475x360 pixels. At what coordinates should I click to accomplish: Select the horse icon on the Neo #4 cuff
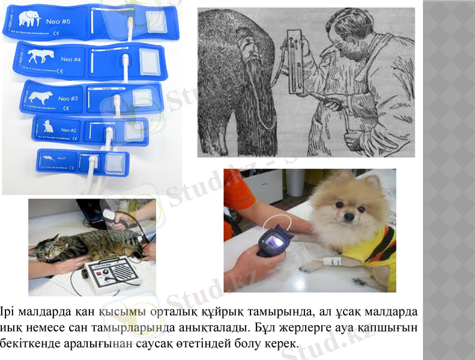pos(39,58)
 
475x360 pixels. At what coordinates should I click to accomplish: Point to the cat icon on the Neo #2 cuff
pos(47,127)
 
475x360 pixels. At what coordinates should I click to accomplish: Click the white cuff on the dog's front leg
pos(331,262)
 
